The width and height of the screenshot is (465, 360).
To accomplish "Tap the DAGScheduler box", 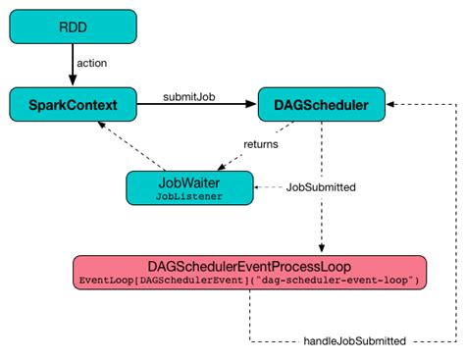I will pos(319,102).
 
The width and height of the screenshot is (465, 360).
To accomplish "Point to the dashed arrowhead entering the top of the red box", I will pos(320,250).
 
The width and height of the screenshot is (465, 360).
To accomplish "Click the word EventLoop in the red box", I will pos(100,282).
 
